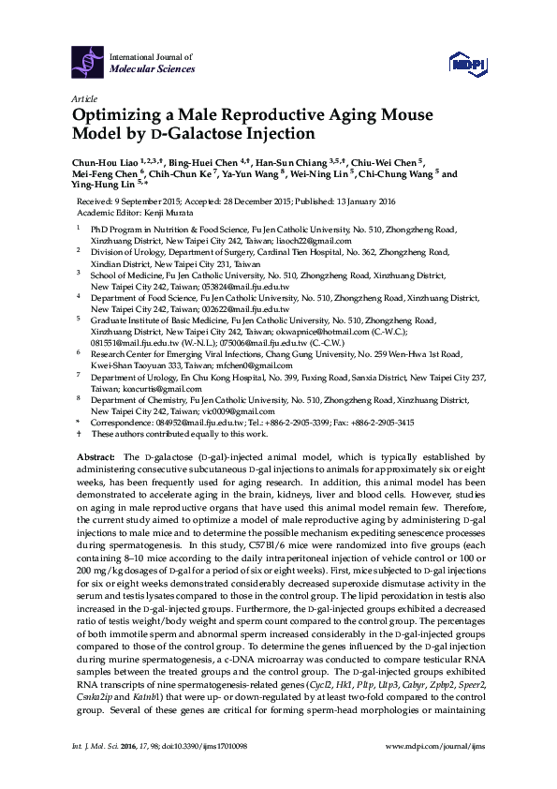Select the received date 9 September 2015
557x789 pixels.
click(x=162, y=201)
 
